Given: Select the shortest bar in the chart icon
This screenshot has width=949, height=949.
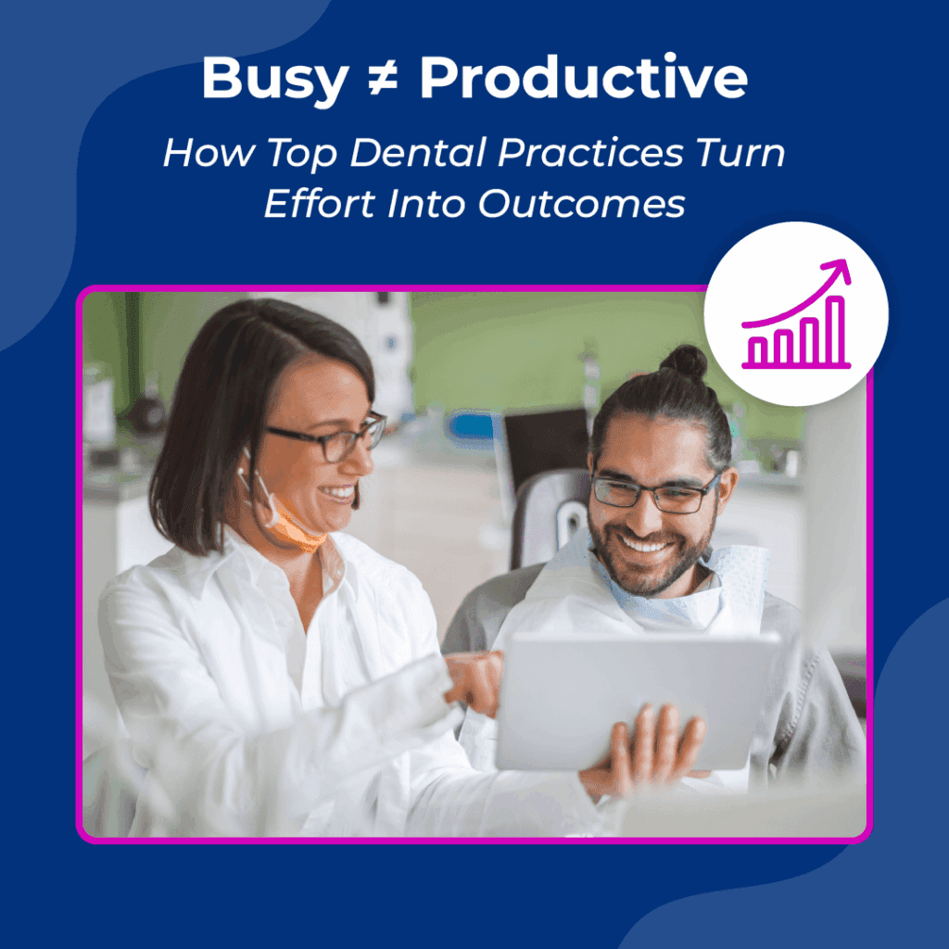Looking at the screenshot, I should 758,350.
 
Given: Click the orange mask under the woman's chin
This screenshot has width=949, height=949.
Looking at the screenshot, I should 294,529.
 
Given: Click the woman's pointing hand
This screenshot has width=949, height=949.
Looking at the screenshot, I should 474,680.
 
